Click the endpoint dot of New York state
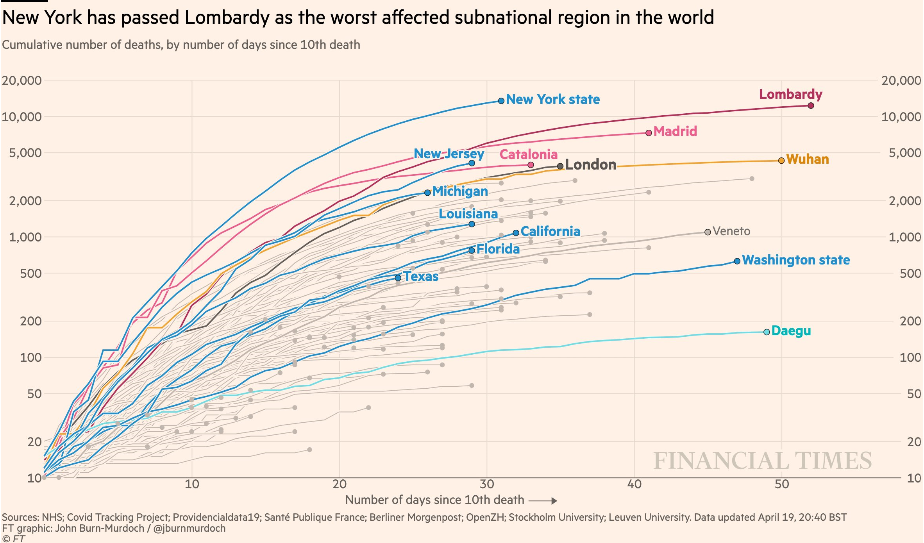[501, 101]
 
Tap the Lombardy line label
[790, 94]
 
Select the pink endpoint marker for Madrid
[649, 133]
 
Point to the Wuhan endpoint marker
[781, 161]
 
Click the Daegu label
[791, 331]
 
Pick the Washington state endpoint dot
[737, 261]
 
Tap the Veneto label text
[731, 231]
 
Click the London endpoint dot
[560, 166]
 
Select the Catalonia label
[528, 154]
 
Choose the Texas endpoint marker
[398, 278]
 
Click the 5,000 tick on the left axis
[25, 153]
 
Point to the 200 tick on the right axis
[910, 321]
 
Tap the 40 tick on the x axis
[634, 484]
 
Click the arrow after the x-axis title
[543, 500]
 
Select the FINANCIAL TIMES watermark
[762, 461]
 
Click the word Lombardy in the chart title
[227, 18]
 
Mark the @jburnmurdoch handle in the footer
[189, 529]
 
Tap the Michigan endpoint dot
[427, 193]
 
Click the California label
[550, 231]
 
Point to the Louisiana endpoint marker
[472, 224]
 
